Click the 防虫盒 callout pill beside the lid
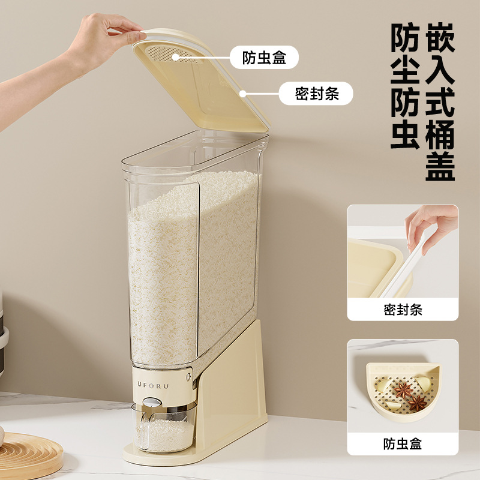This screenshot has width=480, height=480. pos(264,58)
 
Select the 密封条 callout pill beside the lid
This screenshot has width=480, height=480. pos(316,94)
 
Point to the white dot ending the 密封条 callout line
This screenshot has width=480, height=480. pos(244,94)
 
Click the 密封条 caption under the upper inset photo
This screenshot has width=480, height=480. pos(403,310)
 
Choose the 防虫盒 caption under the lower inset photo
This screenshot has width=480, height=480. pos(403,444)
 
